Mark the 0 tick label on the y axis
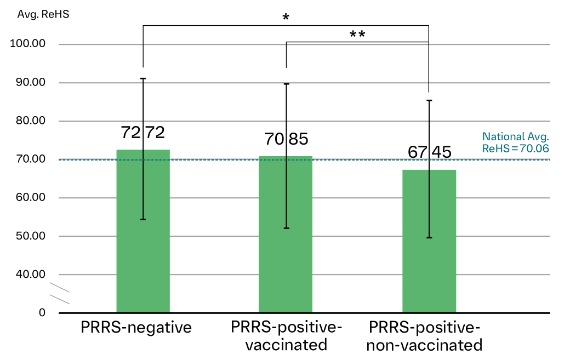coord(42,313)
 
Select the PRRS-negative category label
coord(136,328)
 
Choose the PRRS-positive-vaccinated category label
coord(286,336)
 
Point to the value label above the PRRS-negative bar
coord(142,133)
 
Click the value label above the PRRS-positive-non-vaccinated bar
coord(429,152)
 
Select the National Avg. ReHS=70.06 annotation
coord(516,142)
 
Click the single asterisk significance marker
coord(286,18)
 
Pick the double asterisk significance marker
coord(357,35)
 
